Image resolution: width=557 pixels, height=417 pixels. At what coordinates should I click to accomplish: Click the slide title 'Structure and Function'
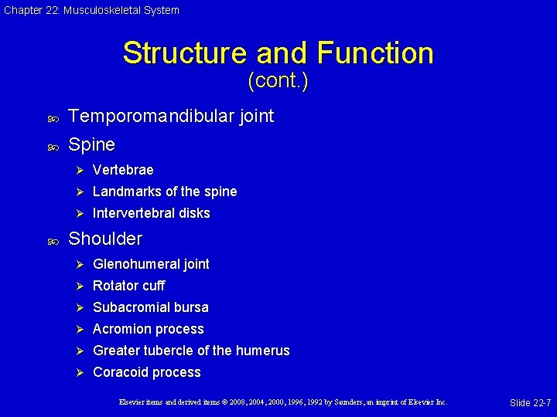pos(278,53)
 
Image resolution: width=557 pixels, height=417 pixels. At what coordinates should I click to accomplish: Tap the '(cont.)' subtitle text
pos(278,80)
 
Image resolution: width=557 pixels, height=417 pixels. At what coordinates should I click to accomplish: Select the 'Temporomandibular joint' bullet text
pos(171,116)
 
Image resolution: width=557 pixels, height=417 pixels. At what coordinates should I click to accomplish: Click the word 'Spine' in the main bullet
pos(91,144)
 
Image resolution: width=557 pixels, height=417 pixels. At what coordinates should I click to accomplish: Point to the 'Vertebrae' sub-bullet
pos(123,170)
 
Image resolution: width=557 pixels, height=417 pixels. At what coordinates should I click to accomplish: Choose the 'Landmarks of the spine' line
pos(165,192)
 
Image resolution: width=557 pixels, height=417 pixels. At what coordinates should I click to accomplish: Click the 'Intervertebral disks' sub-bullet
pos(152,213)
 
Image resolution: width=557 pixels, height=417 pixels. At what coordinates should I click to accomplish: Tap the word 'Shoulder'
pos(105,239)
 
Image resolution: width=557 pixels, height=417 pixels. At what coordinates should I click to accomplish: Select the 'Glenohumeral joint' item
pos(151,264)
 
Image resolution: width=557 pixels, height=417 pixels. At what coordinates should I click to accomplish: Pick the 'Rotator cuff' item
pos(128,286)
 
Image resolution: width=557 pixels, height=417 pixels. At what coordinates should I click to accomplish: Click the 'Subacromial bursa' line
pos(151,307)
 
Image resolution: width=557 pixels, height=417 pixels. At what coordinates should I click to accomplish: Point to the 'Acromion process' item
pos(149,329)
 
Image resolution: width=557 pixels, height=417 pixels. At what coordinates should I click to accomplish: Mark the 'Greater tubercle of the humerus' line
pos(191,351)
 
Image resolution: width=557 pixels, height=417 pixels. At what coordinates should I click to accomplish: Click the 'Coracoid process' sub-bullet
pos(147,372)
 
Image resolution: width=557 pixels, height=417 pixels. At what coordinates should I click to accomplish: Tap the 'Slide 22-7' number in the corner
pos(530,403)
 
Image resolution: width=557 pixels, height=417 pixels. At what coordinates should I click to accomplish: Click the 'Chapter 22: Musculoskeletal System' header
pos(91,10)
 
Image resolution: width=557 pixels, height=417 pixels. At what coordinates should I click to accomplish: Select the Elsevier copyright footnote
pos(283,402)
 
